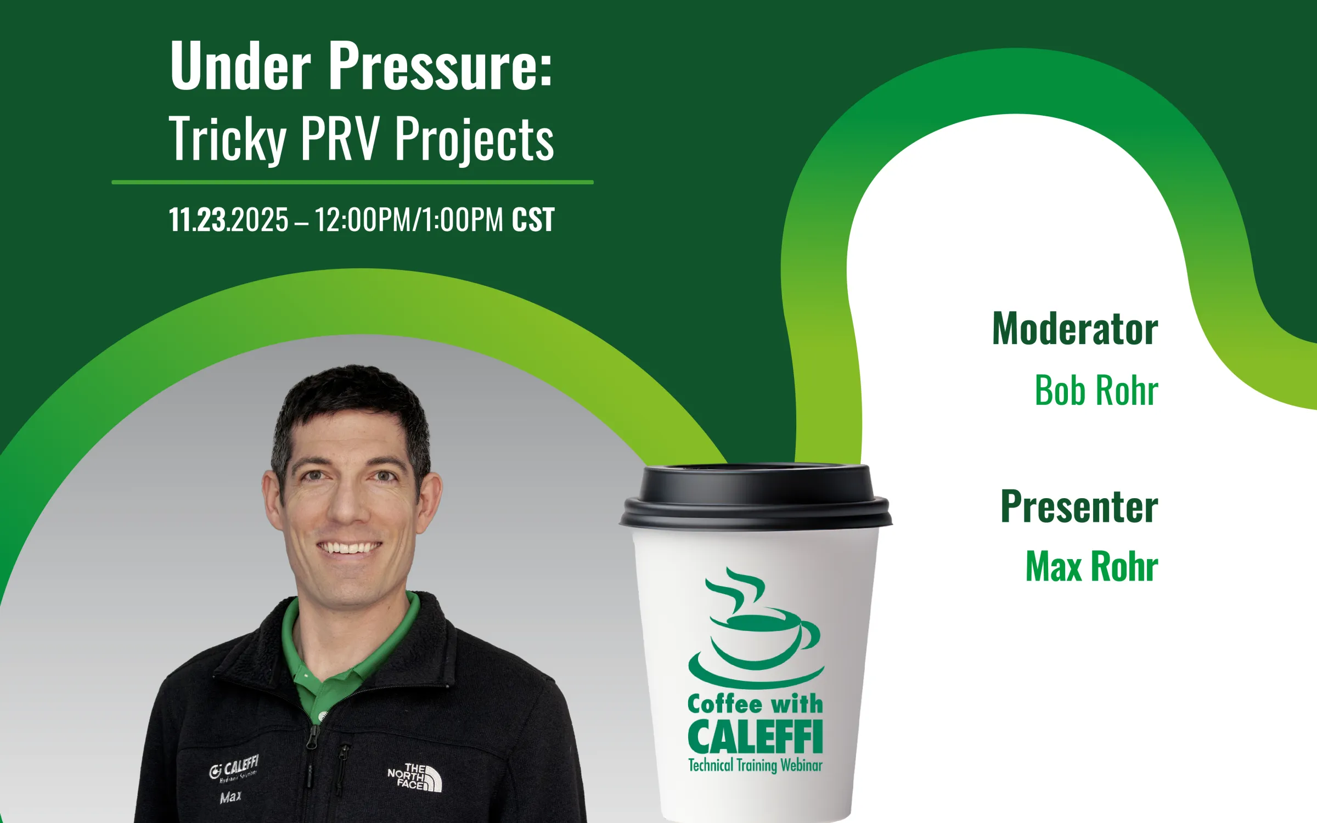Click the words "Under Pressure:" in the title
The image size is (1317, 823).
(x=361, y=66)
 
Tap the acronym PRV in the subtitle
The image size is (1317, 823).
(x=340, y=138)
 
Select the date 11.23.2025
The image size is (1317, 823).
(x=228, y=220)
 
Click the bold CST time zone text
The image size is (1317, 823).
(x=533, y=220)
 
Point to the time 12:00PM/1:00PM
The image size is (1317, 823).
(x=409, y=220)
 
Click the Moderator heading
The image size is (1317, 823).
(x=1075, y=329)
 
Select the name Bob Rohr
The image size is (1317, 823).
(x=1096, y=391)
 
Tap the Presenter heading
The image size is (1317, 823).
(x=1079, y=506)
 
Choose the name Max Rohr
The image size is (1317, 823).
(x=1091, y=566)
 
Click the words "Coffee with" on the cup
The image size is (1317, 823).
(x=755, y=704)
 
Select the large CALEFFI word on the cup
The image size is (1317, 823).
(x=755, y=736)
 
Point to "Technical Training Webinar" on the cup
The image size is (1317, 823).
(x=755, y=765)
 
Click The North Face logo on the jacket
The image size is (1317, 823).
(x=415, y=777)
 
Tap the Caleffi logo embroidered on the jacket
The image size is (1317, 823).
(x=234, y=768)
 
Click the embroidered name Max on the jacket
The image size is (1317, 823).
(x=230, y=797)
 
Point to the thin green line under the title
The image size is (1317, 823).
(x=352, y=182)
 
